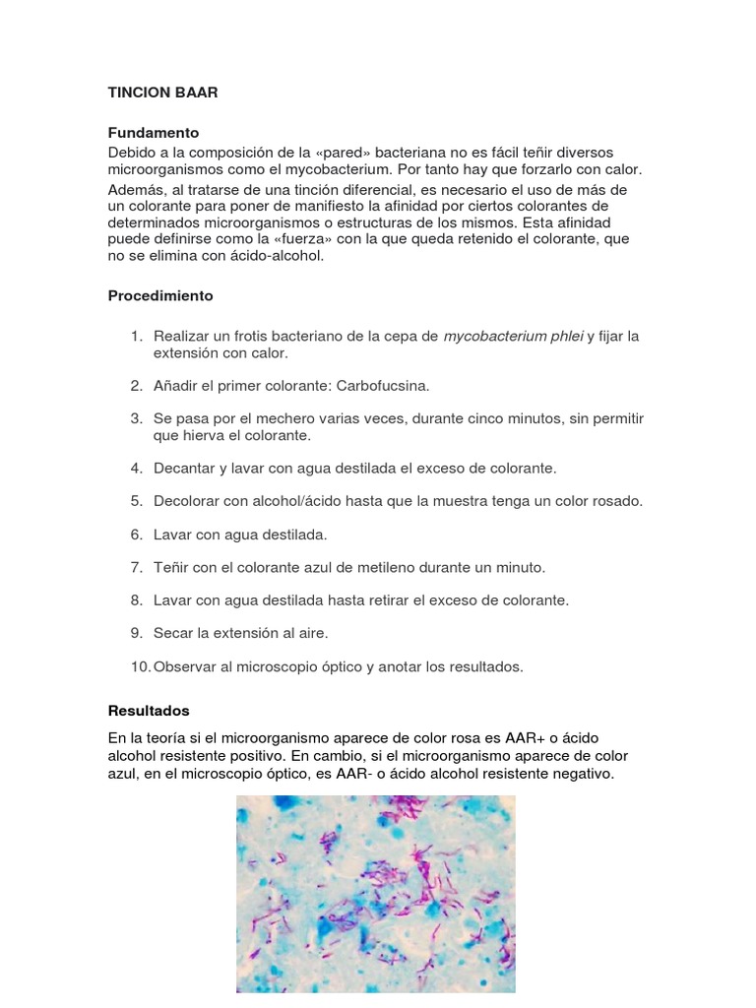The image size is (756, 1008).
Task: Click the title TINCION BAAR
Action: (162, 93)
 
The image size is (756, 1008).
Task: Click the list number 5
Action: (137, 500)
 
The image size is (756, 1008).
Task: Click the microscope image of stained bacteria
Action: (376, 894)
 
